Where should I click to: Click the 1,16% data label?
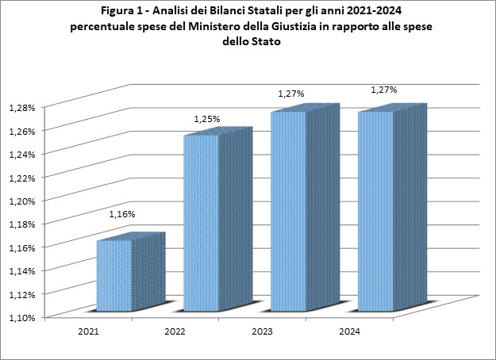[x=122, y=214]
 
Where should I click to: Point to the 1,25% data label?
[x=207, y=119]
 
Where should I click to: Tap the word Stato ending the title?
[x=266, y=41]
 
